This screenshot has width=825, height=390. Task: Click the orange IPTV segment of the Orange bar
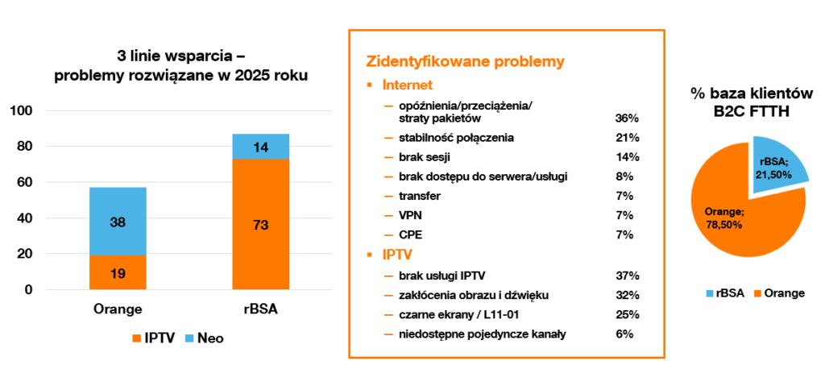pos(118,272)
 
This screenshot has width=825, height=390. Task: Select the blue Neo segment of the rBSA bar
pos(261,147)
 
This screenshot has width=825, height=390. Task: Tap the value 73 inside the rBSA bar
pos(261,226)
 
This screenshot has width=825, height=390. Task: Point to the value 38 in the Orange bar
pos(118,222)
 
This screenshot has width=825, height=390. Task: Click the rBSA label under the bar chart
pos(261,309)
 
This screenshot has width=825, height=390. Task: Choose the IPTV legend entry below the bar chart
pos(153,338)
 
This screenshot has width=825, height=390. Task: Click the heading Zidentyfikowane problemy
pos(465,61)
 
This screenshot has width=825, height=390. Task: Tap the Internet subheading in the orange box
pos(408,85)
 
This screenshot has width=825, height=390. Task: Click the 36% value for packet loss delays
pos(627,118)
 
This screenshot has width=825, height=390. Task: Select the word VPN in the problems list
pos(410,216)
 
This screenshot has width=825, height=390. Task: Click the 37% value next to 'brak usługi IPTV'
pos(627,276)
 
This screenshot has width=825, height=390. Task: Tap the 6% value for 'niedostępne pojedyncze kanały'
pos(624,334)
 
